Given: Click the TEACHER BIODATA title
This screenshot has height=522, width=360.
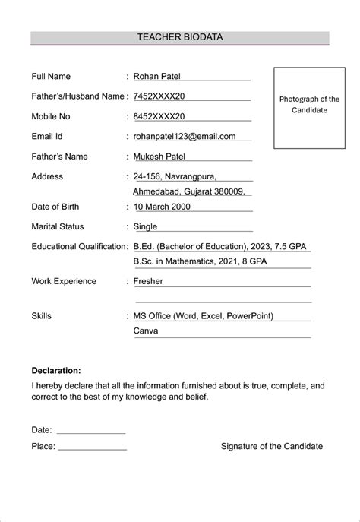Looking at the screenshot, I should [180, 36].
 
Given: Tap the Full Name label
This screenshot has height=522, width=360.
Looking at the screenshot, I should [51, 77].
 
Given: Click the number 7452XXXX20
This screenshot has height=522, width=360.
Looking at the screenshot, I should [159, 96].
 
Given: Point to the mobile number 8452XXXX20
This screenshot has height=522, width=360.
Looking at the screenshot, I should [159, 116].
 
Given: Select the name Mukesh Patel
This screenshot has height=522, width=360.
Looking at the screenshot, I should [160, 157].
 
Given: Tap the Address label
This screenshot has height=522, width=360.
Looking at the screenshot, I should [47, 176].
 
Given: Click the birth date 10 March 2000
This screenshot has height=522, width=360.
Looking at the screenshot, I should [162, 207].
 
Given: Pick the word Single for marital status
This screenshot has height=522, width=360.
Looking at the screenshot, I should [145, 226].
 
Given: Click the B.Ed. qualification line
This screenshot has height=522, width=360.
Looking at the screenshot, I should [220, 247].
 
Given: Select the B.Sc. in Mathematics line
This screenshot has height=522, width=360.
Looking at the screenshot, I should [200, 261].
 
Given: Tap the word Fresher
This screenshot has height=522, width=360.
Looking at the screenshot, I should [148, 281].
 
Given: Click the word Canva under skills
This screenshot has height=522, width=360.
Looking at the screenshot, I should [146, 331].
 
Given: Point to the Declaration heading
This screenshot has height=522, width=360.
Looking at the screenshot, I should [56, 371].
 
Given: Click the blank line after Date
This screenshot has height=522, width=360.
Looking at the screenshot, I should [90, 432].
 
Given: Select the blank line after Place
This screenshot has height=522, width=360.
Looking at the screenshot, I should [92, 448].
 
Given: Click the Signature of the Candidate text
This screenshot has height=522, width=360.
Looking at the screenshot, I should [272, 446].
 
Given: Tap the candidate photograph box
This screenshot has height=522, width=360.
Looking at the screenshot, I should [309, 107].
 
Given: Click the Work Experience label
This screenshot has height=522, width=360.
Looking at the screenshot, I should [64, 281].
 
